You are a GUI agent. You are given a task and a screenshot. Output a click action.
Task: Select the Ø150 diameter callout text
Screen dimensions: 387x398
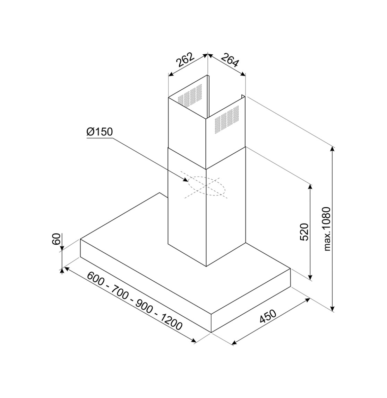(100, 132)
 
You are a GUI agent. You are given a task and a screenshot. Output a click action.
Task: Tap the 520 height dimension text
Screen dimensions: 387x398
(304, 232)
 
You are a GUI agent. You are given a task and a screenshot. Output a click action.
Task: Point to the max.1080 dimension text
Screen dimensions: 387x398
(327, 229)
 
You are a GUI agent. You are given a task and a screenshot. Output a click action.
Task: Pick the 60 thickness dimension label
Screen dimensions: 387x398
(56, 239)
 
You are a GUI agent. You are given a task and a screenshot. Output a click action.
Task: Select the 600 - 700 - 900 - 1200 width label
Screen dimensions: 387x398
(135, 301)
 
